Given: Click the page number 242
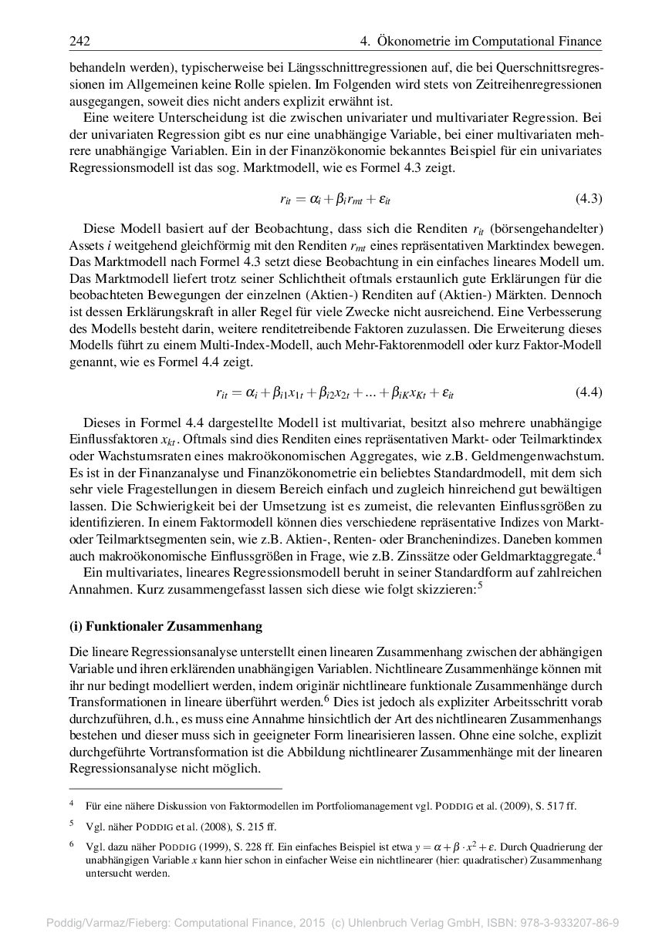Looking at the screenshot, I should coord(79,41).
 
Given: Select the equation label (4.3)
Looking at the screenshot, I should coord(589,199).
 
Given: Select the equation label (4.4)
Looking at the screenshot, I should coord(589,392).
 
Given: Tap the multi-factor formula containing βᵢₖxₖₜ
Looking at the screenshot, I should coord(334,392).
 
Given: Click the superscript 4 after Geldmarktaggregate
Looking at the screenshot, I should coord(598,550).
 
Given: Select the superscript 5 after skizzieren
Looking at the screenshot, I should coord(480,584).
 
